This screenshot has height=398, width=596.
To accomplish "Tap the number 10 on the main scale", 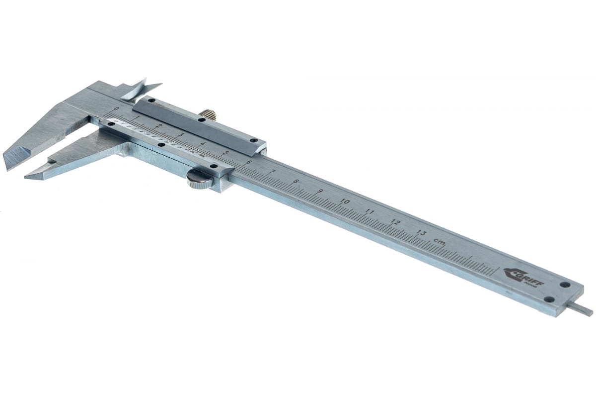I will pos(345,201).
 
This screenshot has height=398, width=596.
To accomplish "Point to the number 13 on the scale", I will pos(421,232).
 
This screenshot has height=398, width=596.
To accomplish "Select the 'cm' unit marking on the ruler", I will pos(439,241).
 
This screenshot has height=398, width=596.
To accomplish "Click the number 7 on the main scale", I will pos(272,172).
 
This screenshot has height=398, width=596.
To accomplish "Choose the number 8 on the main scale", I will pos(296,182).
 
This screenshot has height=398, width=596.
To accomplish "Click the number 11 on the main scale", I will pos(370,211).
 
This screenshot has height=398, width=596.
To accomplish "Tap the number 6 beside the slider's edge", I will pos(248,162).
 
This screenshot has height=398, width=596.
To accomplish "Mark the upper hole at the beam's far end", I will pos(565,285).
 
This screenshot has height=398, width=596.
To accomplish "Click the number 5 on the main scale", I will pos(225,153).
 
